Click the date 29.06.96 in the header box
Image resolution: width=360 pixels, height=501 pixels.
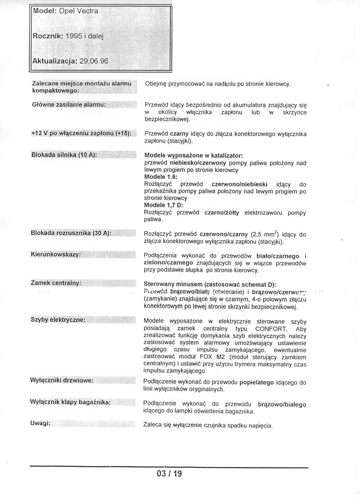[x=94, y=61]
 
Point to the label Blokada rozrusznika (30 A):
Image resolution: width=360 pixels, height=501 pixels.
[x=71, y=233]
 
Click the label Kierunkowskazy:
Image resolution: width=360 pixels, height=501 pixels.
[x=56, y=254]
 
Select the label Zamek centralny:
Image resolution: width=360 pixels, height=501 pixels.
[x=56, y=283]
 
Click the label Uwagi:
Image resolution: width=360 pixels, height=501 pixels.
[x=40, y=423]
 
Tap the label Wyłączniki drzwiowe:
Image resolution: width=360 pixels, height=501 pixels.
[x=62, y=380]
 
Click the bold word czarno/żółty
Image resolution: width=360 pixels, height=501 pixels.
[x=222, y=213]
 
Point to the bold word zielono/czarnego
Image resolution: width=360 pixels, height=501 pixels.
[x=168, y=262]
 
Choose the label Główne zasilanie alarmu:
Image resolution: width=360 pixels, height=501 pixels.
[x=69, y=105]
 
